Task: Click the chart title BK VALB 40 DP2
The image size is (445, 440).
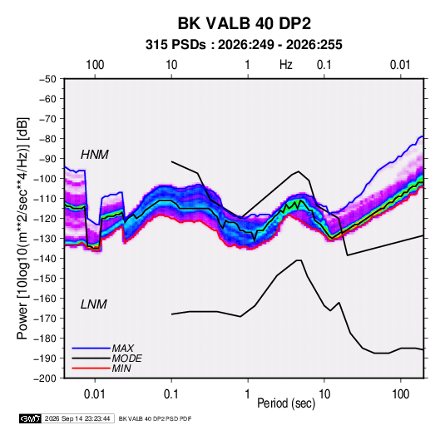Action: pos(245,23)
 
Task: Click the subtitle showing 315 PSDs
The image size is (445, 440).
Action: pos(244,45)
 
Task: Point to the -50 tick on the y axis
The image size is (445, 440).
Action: pos(47,79)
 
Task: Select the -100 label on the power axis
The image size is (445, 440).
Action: pos(45,179)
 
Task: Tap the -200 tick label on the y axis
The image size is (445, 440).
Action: pos(45,378)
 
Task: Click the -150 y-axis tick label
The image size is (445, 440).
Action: pos(45,279)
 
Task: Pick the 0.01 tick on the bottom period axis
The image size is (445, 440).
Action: pos(95,394)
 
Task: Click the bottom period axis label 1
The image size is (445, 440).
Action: pos(248,394)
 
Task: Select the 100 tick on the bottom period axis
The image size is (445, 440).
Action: pos(400,394)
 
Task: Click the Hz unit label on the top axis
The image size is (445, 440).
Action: pos(286,65)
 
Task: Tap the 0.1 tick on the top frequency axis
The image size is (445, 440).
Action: pos(324,65)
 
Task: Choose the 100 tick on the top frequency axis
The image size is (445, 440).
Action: pos(95,65)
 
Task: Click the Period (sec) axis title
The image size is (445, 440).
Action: pos(286,403)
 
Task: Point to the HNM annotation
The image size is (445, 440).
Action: pos(95,155)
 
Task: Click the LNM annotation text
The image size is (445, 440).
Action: pos(94,304)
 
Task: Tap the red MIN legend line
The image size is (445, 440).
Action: pos(91,368)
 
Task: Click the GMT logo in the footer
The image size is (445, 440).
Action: pos(30,418)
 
